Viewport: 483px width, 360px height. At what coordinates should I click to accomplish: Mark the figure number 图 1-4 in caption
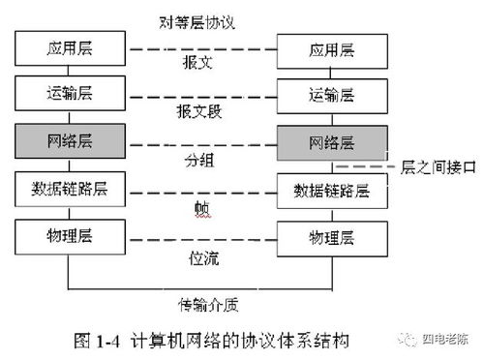[101, 341]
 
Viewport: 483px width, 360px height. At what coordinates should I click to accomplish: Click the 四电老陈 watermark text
[448, 338]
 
